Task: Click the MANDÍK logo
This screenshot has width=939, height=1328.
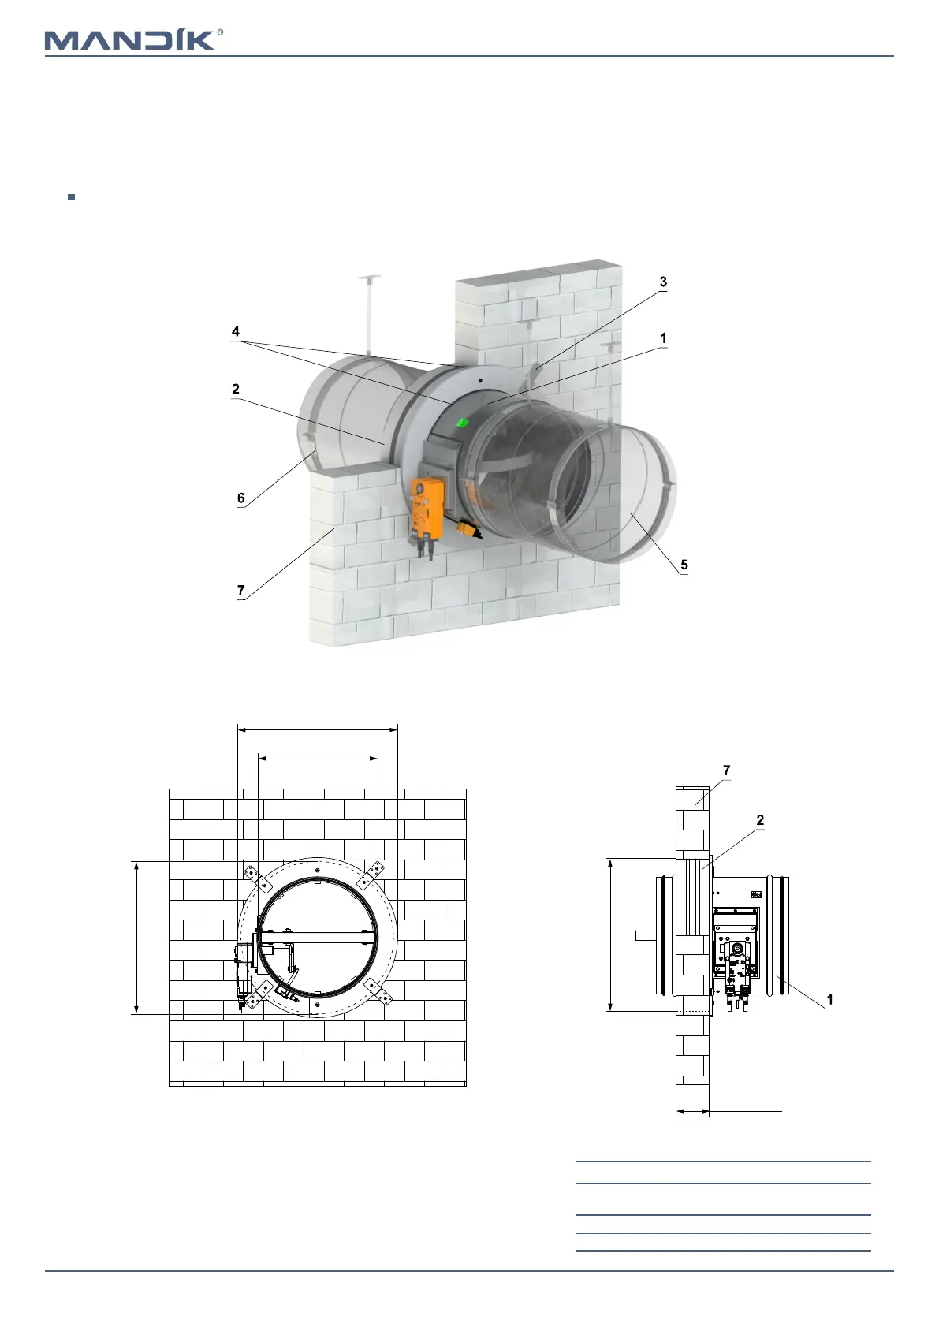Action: [129, 40]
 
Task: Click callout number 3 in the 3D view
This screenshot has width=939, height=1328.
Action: [663, 282]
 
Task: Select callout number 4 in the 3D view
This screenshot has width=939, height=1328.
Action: [235, 332]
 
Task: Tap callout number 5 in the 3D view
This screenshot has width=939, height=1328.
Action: [684, 565]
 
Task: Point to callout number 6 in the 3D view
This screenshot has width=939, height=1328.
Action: [241, 498]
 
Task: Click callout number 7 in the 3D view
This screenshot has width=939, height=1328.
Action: [241, 590]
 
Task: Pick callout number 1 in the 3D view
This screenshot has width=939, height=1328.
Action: [663, 338]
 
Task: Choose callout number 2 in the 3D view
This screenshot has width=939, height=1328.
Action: [235, 389]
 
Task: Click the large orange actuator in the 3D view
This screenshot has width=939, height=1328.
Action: [427, 507]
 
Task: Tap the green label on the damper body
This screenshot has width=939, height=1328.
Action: [463, 423]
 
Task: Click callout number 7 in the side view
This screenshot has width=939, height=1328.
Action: [726, 770]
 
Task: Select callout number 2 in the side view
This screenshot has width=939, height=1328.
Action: [760, 820]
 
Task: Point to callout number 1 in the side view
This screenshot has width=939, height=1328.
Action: [829, 999]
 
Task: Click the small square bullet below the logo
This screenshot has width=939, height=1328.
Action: [71, 197]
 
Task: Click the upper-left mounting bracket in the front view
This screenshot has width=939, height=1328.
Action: [251, 874]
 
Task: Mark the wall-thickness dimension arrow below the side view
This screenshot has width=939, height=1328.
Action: [693, 1111]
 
